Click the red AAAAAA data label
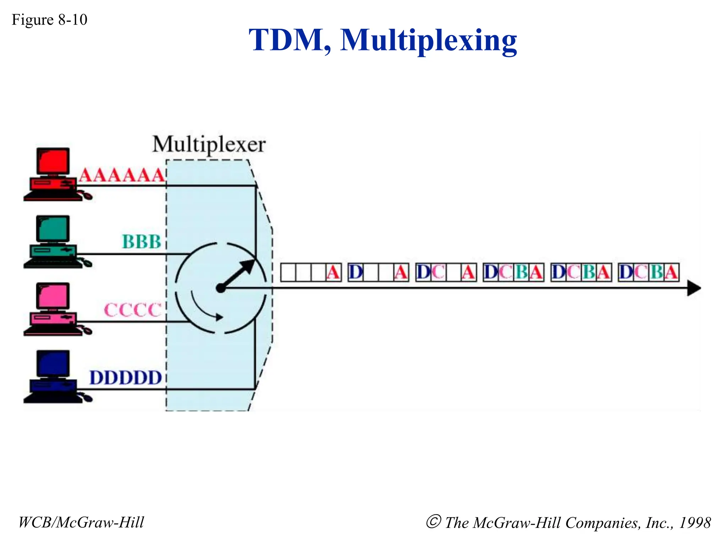click(122, 175)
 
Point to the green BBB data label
click(141, 242)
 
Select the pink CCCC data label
click(132, 310)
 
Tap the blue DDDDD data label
click(126, 378)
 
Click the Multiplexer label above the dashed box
click(209, 145)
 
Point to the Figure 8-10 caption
click(49, 20)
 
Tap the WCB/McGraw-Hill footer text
click(81, 522)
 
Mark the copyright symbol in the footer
click(433, 522)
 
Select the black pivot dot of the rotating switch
click(221, 288)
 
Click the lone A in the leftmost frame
click(333, 272)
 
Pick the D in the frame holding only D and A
click(356, 272)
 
